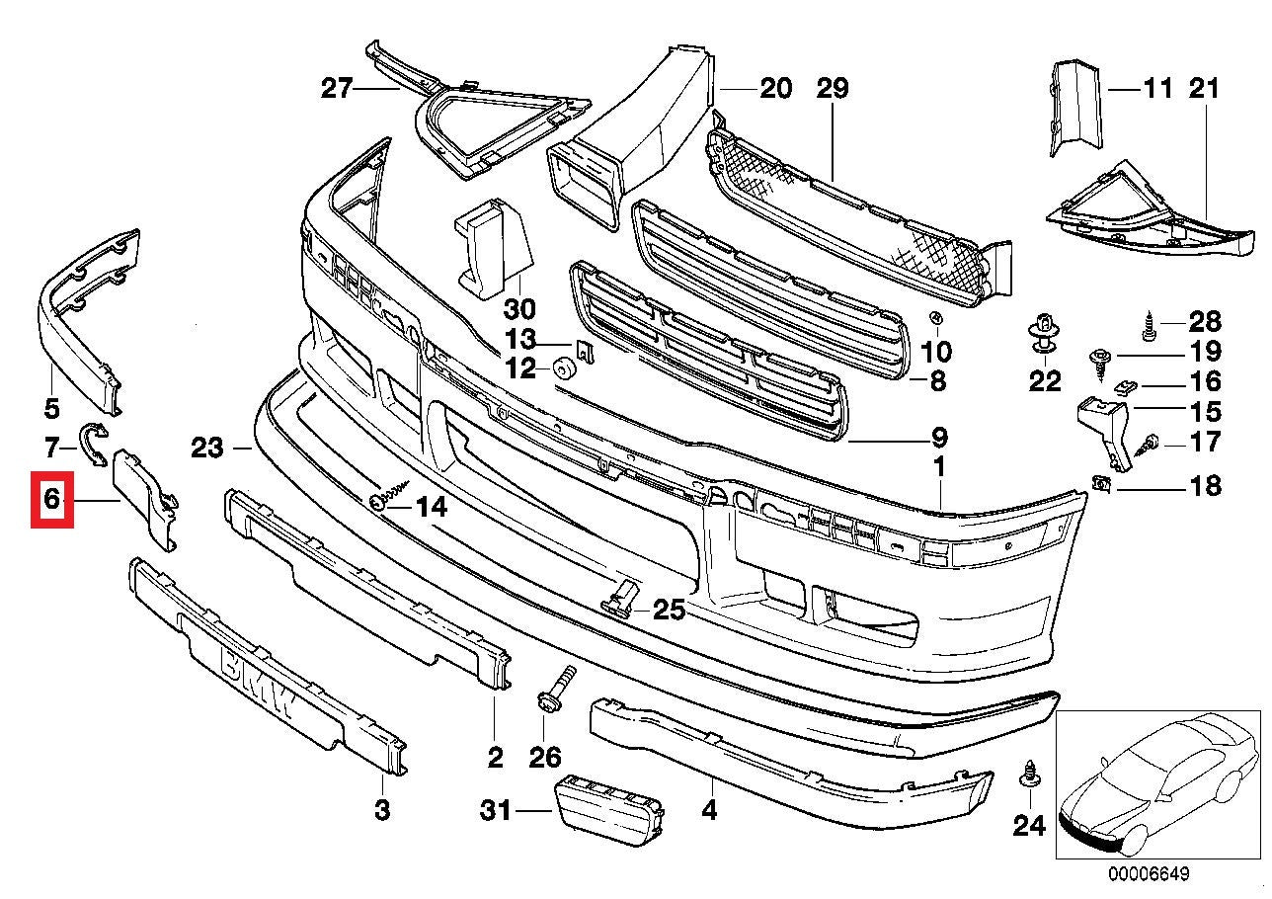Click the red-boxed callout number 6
(52, 500)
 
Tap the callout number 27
(337, 90)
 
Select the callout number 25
(669, 611)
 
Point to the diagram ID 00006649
(1149, 874)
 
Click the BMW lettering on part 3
(257, 681)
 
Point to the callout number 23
(208, 449)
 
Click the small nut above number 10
(935, 319)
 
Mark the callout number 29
(832, 90)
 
